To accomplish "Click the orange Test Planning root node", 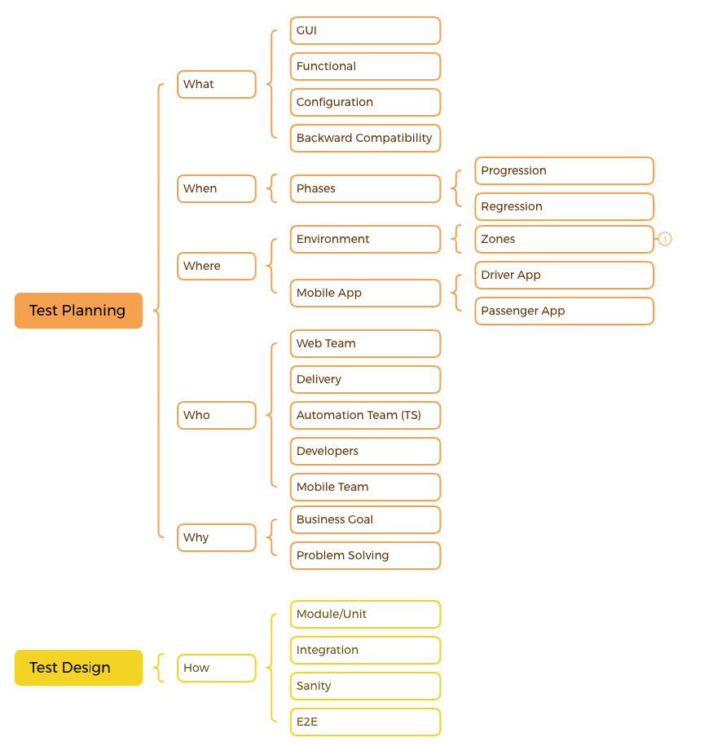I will pos(78,311).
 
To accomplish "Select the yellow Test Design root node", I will pos(78,668).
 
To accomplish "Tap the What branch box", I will pos(216,85).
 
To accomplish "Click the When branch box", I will pos(216,188).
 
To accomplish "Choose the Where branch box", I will pos(216,266).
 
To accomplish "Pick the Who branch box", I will pos(216,415).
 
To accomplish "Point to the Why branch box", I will pos(216,537).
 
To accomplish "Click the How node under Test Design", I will pos(216,668).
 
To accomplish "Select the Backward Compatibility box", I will pos(365,138).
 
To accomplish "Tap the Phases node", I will pos(365,188).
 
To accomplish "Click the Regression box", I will pos(564,206).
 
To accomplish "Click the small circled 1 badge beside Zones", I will pos(665,240).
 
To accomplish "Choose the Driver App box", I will pos(564,275).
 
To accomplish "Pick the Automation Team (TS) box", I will pos(365,415).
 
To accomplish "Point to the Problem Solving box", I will pos(365,555).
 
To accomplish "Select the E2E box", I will pos(365,722).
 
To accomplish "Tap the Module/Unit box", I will pos(365,614).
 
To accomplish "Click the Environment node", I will pos(365,239).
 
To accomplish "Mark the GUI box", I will pos(365,30).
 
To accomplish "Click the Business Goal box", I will pos(365,519).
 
